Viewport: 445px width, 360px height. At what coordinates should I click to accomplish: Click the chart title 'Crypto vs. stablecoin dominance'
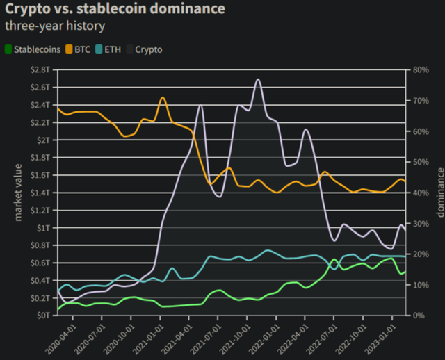coord(114,10)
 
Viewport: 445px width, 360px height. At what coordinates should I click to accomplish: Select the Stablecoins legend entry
coord(32,49)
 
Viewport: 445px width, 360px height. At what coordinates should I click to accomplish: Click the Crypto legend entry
coord(144,49)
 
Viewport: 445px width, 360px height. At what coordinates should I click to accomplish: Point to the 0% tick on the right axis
coord(418,315)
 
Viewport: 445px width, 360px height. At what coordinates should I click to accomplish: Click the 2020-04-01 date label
coord(63,337)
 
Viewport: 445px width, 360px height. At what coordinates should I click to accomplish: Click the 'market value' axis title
coord(19,192)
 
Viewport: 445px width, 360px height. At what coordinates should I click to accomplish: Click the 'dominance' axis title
coord(439,192)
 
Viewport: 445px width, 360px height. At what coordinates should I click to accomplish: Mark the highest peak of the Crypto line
coord(258,79)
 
